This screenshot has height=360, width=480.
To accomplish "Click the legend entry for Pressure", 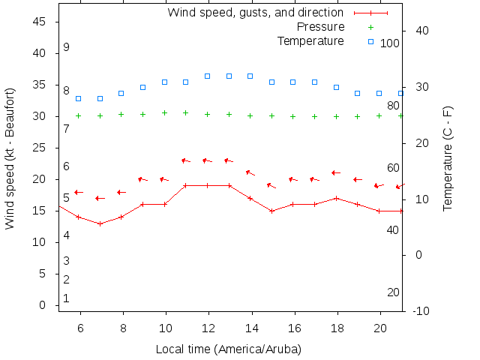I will (320, 27).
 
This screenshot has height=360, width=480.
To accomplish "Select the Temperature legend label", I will (310, 40).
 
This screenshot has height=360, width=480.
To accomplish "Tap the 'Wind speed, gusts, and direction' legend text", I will (255, 13).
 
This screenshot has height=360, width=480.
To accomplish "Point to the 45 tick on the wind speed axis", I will (40, 22).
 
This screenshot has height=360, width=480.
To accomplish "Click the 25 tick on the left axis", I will (40, 148).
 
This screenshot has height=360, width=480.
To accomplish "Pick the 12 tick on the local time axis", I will (208, 328).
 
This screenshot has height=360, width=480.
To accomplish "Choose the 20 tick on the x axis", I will (380, 328).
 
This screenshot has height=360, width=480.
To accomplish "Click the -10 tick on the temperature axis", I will (421, 311).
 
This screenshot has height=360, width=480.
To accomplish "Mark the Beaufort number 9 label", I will (67, 47).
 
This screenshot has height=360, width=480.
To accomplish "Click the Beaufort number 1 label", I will (67, 298).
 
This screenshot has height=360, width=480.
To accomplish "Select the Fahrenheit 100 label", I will (390, 43).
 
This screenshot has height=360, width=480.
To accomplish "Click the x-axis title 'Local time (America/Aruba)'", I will (228, 349).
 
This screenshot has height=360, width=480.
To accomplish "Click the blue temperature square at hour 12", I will (208, 76).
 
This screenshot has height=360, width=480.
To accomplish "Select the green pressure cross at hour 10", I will (165, 113).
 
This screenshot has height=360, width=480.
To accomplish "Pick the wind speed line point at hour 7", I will (100, 223).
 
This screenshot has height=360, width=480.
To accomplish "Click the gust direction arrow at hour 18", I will (336, 172).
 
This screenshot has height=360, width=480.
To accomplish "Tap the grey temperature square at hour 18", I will (337, 87).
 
